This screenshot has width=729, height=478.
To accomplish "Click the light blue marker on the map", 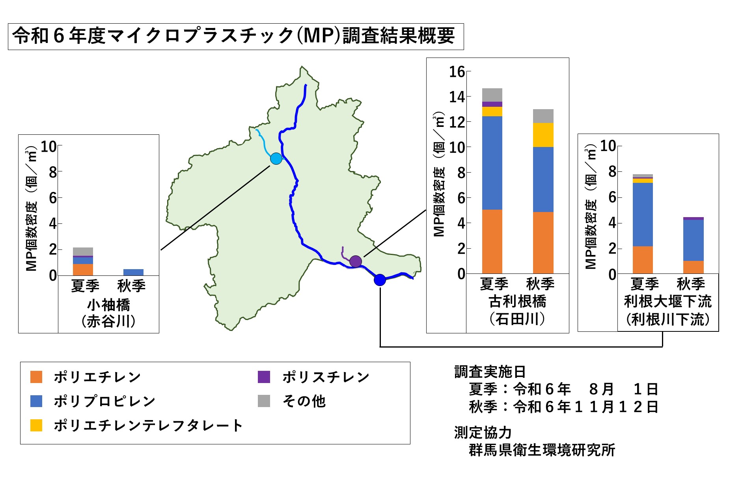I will [276, 158].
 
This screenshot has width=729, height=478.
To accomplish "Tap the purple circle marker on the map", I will [356, 261].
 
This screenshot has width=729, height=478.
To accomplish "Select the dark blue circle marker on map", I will [380, 280].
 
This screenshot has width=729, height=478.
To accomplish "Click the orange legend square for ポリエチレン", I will [36, 377].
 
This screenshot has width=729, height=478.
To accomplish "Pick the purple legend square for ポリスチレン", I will [264, 377].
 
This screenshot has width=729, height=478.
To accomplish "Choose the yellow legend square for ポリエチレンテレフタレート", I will [36, 425].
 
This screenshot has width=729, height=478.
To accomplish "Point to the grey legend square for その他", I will [264, 401].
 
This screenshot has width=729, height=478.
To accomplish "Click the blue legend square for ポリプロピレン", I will [36, 401].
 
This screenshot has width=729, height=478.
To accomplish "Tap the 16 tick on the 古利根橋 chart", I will [457, 72].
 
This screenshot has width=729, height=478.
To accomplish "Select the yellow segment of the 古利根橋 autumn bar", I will [543, 135].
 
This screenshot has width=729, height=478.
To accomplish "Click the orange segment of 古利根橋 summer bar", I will [492, 241].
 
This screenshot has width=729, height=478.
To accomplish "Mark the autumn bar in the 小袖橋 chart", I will [133, 272].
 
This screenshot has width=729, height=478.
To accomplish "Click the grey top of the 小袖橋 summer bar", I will [83, 251].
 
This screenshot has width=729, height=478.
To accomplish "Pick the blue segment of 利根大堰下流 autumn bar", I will [693, 240].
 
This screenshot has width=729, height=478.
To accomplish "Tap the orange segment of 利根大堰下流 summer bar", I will [643, 260].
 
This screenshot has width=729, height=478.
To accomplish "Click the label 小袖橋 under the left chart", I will [108, 305].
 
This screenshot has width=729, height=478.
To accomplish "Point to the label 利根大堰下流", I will [667, 301].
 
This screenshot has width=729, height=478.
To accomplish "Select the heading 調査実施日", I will [490, 372].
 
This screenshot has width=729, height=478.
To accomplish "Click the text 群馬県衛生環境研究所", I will [542, 450].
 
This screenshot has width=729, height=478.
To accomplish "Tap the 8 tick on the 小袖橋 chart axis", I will [53, 172].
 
